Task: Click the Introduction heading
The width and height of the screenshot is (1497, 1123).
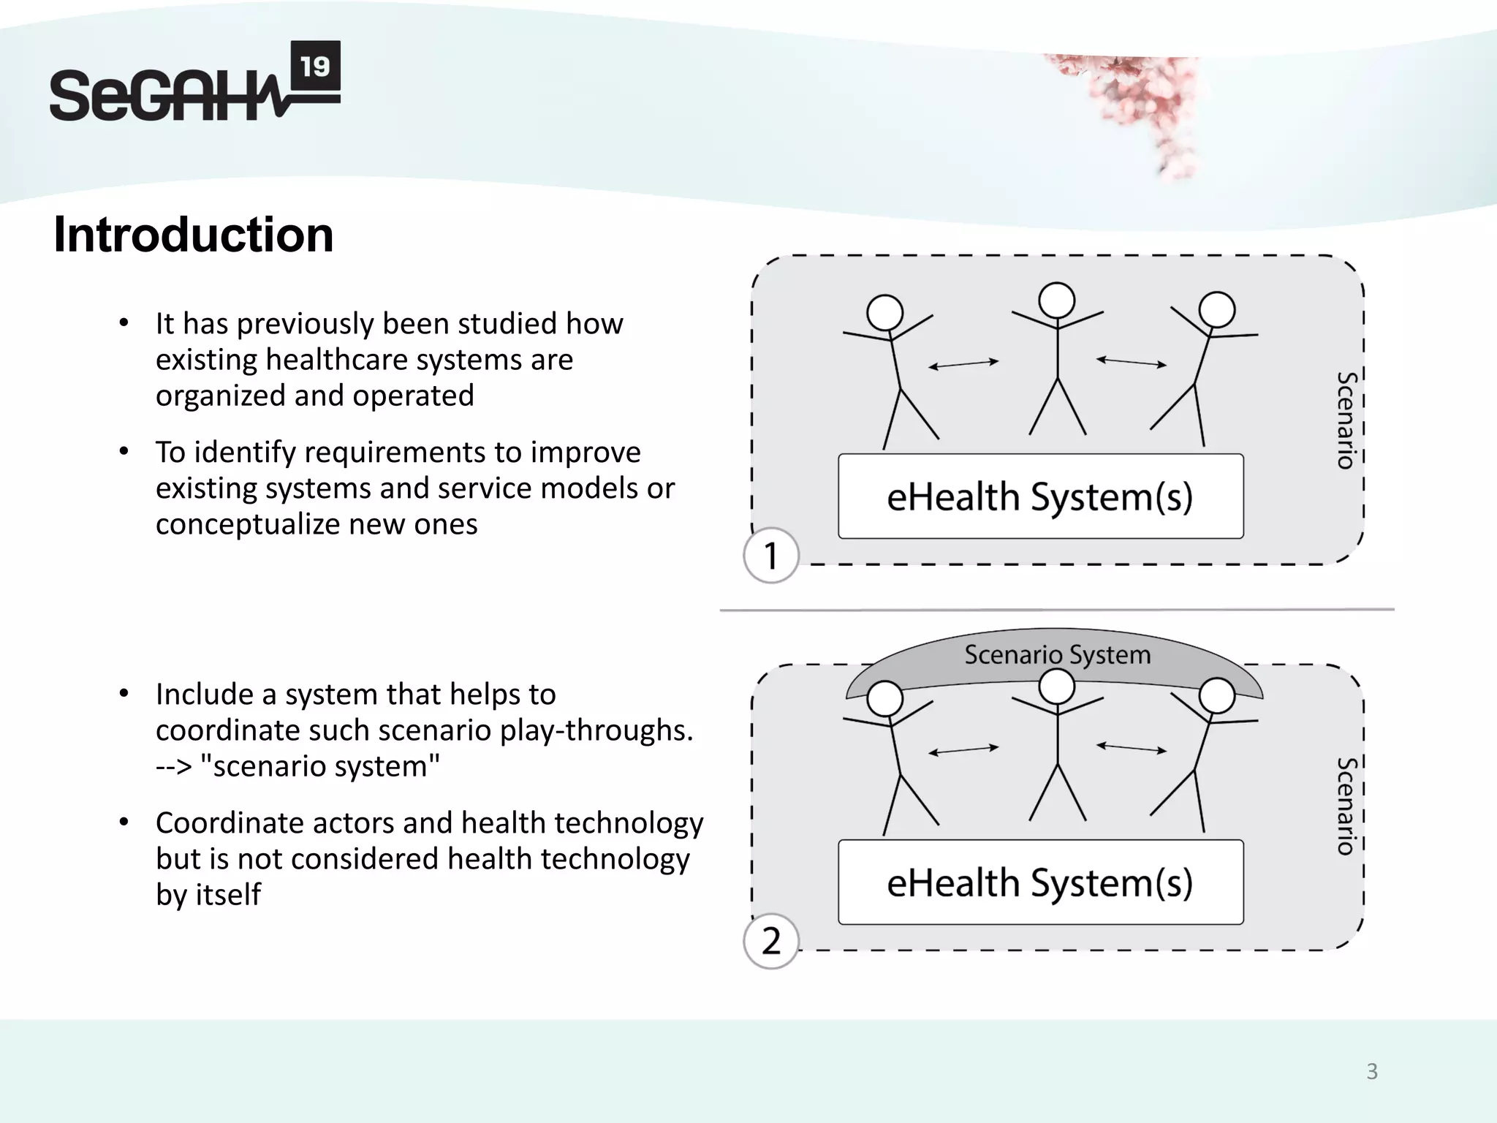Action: pos(193,235)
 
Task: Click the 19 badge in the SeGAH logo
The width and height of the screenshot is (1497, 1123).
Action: pos(315,67)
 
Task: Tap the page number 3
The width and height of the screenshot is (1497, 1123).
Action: pos(1372,1072)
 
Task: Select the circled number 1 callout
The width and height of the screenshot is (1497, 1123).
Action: pos(770,556)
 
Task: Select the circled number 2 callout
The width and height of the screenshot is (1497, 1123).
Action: pos(770,942)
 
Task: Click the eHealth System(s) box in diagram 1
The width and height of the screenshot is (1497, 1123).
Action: pos(1040,496)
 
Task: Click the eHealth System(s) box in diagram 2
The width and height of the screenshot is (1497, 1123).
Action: pos(1040,882)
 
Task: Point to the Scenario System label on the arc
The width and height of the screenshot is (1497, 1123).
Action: pos(1057,654)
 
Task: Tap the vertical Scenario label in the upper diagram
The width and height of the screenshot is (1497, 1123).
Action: pos(1346,420)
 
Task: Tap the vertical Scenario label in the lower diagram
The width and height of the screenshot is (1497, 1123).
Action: pos(1346,806)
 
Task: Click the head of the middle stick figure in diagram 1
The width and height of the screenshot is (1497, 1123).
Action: pos(1057,300)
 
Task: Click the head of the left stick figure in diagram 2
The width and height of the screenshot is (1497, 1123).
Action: pos(885,699)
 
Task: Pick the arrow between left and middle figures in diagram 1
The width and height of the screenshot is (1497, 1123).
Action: pos(963,364)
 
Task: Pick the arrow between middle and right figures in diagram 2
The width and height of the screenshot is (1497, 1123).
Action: pos(1132,748)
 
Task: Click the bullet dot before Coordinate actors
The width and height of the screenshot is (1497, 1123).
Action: pos(124,823)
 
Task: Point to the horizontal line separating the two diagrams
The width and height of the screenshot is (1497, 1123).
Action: pos(1057,609)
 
